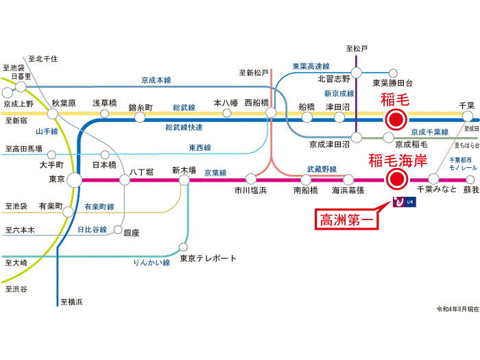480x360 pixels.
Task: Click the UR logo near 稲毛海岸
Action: (403, 202)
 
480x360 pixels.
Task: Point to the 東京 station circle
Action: (75, 180)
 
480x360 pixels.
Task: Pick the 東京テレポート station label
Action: (208, 259)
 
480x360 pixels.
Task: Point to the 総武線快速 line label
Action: (184, 128)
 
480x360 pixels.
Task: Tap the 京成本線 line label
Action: (156, 80)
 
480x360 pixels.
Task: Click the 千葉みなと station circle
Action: (433, 180)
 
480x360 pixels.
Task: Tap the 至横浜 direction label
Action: (71, 302)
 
